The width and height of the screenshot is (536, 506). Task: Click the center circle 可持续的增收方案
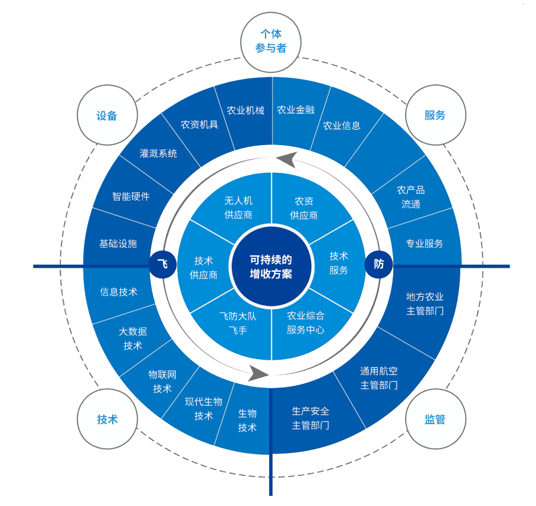(271, 267)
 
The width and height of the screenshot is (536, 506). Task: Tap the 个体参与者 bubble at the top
(271, 41)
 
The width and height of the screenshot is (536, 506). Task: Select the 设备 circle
(107, 116)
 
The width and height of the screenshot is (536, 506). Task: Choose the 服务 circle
(435, 115)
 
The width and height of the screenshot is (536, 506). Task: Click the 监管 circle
(435, 420)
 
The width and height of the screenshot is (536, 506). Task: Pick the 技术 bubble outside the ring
(107, 420)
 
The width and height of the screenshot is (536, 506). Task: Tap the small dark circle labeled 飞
(164, 264)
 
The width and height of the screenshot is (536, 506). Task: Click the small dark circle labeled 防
(379, 264)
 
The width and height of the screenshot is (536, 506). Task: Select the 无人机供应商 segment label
(238, 208)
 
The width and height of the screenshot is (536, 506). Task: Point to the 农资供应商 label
(304, 208)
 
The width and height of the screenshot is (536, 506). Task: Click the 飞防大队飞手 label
(238, 323)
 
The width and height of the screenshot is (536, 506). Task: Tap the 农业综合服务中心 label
(305, 323)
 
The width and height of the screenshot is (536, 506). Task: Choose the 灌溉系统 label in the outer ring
(158, 153)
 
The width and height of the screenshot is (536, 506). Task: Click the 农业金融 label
(296, 110)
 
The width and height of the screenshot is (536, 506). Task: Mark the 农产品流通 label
(411, 197)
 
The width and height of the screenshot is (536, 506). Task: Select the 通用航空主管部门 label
(379, 378)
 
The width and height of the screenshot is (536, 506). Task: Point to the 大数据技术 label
(133, 339)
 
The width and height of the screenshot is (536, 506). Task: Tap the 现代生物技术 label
(204, 409)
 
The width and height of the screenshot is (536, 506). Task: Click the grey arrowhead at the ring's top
(286, 159)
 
